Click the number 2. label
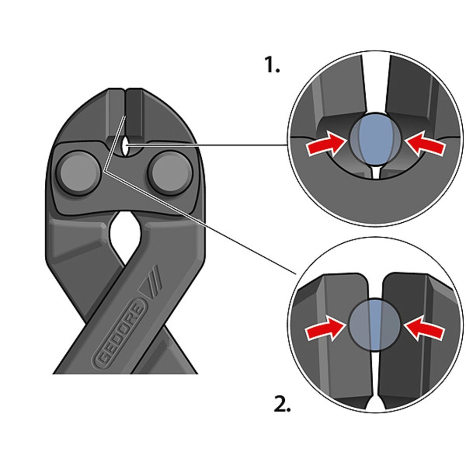click(x=282, y=404)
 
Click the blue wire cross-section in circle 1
click(x=375, y=140)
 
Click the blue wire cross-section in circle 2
click(x=375, y=325)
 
